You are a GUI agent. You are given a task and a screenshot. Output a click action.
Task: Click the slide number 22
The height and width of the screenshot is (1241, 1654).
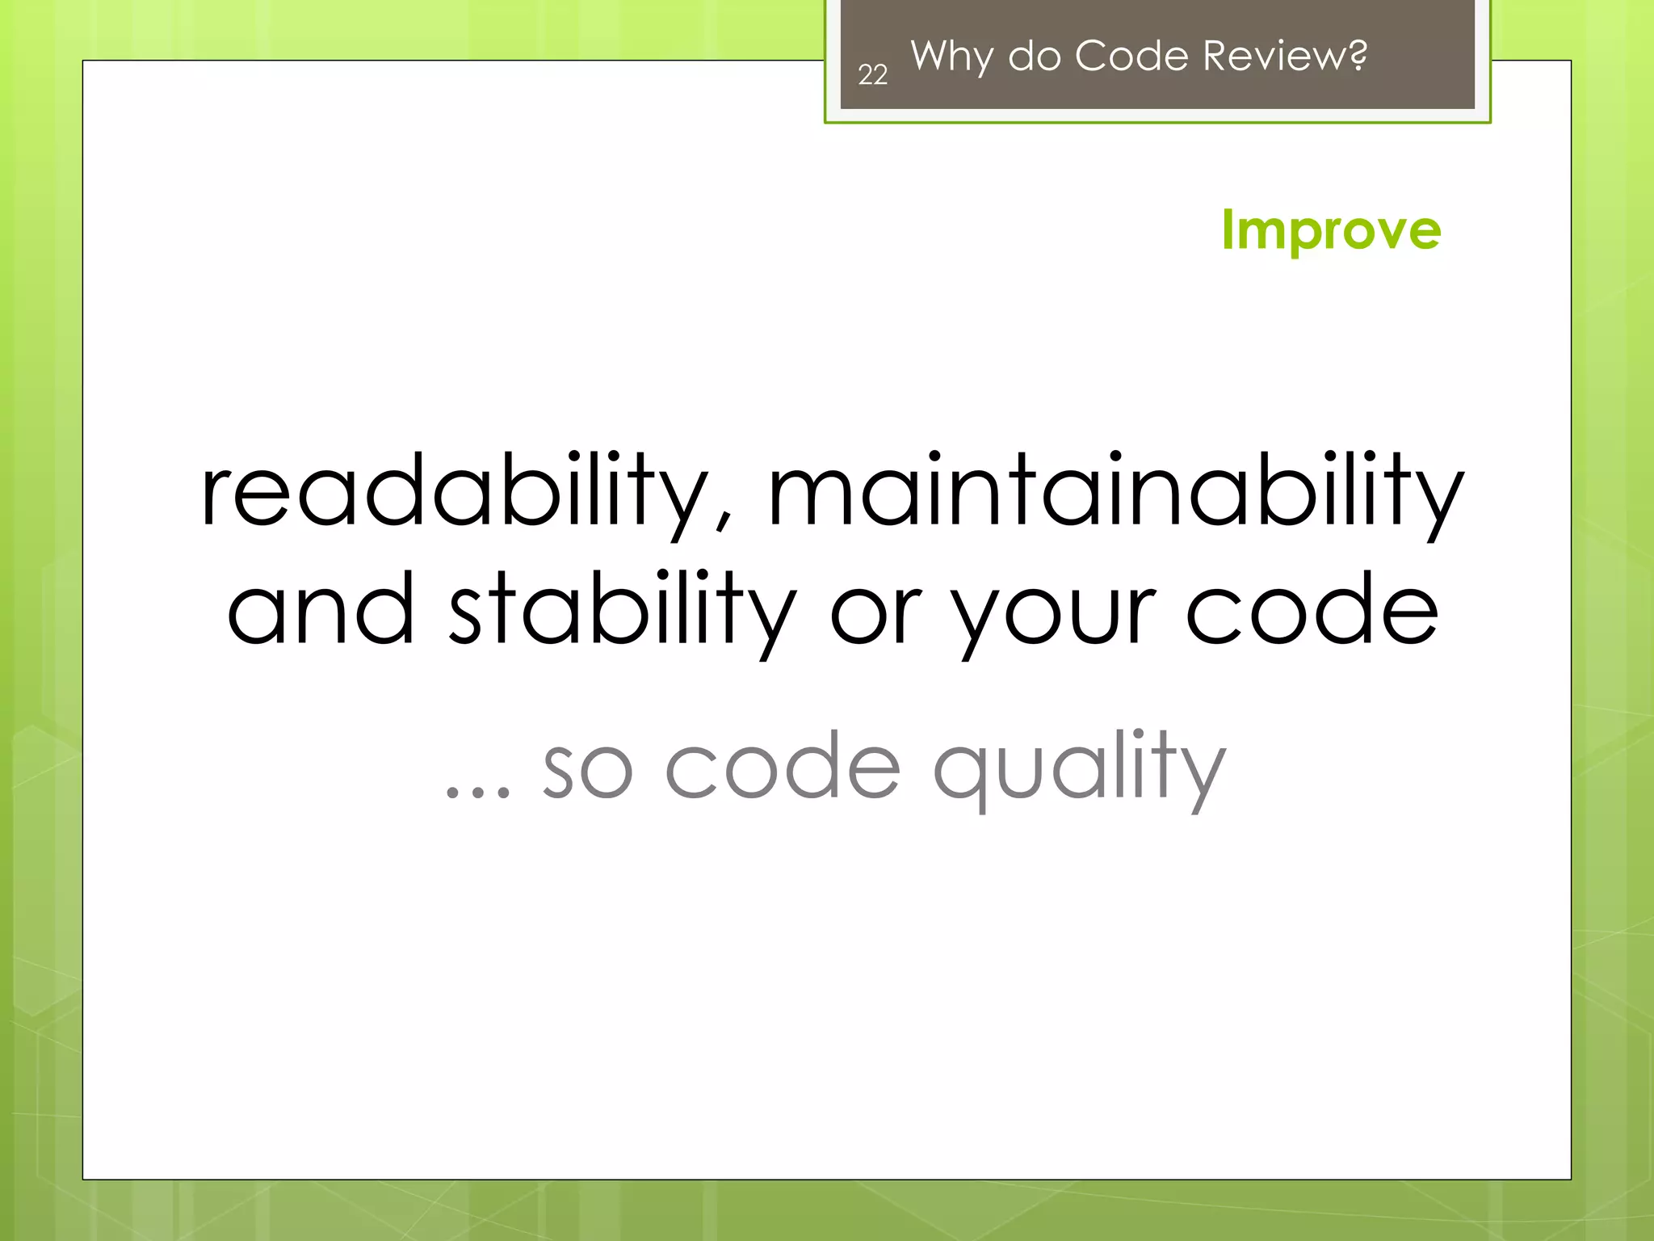(x=872, y=75)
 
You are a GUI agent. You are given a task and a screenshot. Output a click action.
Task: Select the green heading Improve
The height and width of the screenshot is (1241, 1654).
(x=1331, y=231)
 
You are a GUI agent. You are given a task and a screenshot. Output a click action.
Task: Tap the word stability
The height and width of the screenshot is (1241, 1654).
(x=622, y=610)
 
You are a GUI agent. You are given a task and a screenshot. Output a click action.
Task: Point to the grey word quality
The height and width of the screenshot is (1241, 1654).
(x=1079, y=768)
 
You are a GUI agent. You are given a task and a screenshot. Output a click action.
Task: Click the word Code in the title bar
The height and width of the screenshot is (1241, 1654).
(x=1131, y=56)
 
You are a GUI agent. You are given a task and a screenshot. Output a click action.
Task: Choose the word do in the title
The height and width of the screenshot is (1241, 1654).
(x=1034, y=56)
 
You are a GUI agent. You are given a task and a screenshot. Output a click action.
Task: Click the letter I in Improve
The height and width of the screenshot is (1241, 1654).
(x=1228, y=229)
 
